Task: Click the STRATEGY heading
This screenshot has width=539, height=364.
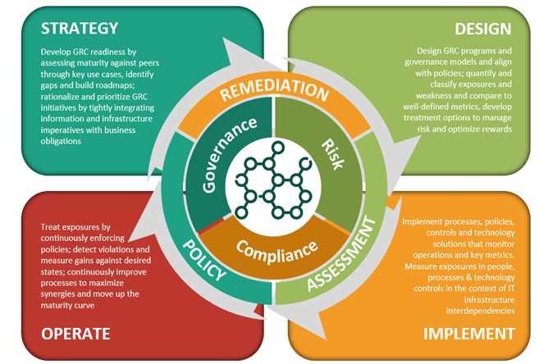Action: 80,27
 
